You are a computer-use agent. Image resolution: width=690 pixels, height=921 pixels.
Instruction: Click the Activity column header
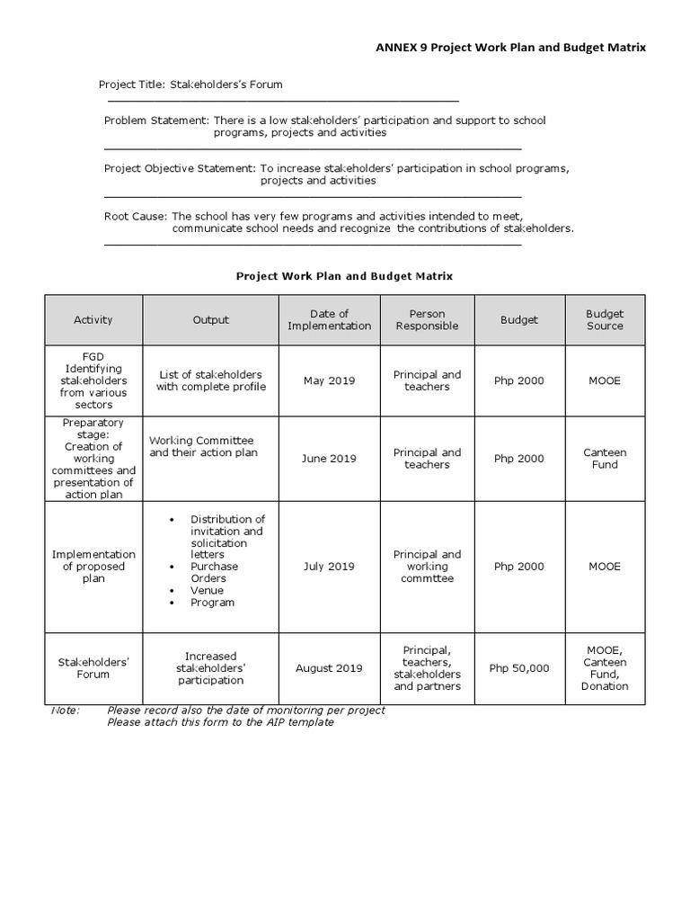(x=93, y=319)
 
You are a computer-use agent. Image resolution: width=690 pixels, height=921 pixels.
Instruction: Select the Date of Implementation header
(x=329, y=319)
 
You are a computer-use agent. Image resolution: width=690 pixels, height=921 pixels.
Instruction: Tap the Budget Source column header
(x=605, y=319)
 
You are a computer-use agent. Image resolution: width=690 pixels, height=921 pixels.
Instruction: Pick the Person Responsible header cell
(x=427, y=319)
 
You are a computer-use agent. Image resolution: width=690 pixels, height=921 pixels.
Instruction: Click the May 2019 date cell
(x=329, y=380)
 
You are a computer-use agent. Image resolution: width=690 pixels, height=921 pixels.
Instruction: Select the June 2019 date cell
(x=329, y=459)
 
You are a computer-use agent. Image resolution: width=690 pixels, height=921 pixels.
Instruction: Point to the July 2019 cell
(x=329, y=567)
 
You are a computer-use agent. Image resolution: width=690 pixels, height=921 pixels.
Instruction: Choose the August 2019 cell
(x=329, y=668)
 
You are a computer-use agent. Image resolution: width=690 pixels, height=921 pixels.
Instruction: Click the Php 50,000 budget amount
(x=518, y=668)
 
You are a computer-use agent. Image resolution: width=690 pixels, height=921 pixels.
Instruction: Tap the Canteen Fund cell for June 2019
(x=605, y=459)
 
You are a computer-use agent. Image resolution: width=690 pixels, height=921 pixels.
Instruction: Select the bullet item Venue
(x=207, y=590)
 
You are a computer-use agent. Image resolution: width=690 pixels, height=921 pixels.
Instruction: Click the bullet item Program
(x=212, y=602)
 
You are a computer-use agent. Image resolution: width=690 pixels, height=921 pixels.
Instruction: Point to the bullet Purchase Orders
(x=214, y=572)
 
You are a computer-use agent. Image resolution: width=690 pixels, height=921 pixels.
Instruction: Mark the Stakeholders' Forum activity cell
(x=93, y=668)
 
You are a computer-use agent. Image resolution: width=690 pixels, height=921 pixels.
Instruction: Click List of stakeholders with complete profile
(x=211, y=380)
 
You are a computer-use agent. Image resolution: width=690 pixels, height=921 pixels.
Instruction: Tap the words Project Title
(x=131, y=85)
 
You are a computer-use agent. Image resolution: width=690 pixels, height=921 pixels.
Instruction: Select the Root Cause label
(x=135, y=216)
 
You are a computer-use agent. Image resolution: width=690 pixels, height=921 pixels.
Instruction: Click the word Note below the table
(x=66, y=711)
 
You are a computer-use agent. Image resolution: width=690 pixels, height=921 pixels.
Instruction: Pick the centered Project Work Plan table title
(x=344, y=276)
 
